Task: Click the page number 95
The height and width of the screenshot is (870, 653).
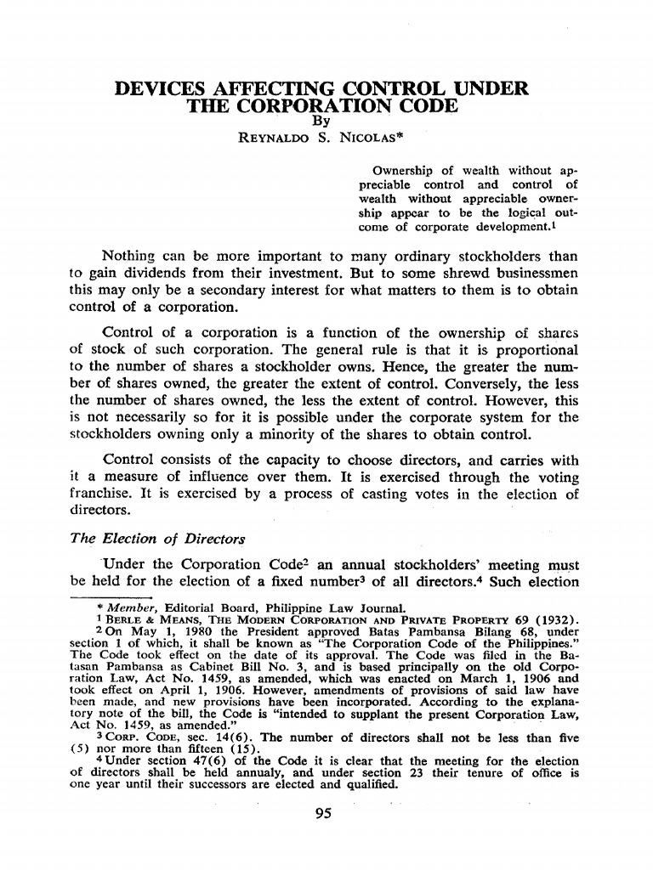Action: coord(322,814)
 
